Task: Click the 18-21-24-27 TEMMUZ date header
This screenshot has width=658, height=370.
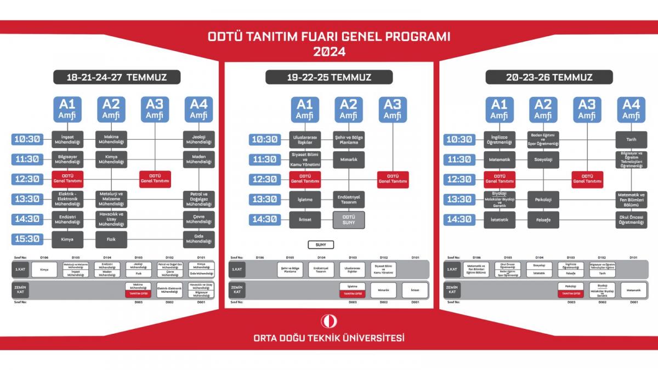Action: [116, 77]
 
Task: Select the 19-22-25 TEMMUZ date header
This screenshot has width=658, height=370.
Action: [328, 77]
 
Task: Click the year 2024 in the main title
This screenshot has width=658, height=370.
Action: [329, 52]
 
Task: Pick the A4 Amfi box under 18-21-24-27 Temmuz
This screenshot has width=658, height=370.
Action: [198, 109]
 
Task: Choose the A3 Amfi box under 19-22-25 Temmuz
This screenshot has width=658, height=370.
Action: [392, 109]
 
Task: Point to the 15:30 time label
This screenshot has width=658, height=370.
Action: [27, 238]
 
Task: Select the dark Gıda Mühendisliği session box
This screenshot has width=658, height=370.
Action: [198, 239]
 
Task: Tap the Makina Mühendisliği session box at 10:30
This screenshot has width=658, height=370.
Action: [111, 139]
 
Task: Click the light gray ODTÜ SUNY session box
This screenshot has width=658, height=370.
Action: [349, 219]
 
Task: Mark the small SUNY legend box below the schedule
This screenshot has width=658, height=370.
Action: [321, 244]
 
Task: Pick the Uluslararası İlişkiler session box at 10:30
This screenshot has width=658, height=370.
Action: [304, 139]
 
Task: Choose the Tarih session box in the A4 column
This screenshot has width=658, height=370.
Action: [631, 139]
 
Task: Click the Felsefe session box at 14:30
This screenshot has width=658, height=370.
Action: [543, 219]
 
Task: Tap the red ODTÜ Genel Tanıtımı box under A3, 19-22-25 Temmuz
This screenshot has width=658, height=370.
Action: [393, 179]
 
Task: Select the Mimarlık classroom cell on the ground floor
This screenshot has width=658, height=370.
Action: [384, 290]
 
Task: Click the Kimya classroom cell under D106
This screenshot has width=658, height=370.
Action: [44, 270]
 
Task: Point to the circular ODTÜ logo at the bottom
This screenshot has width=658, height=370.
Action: [328, 322]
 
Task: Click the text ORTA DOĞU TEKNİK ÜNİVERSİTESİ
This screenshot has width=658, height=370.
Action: [329, 338]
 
